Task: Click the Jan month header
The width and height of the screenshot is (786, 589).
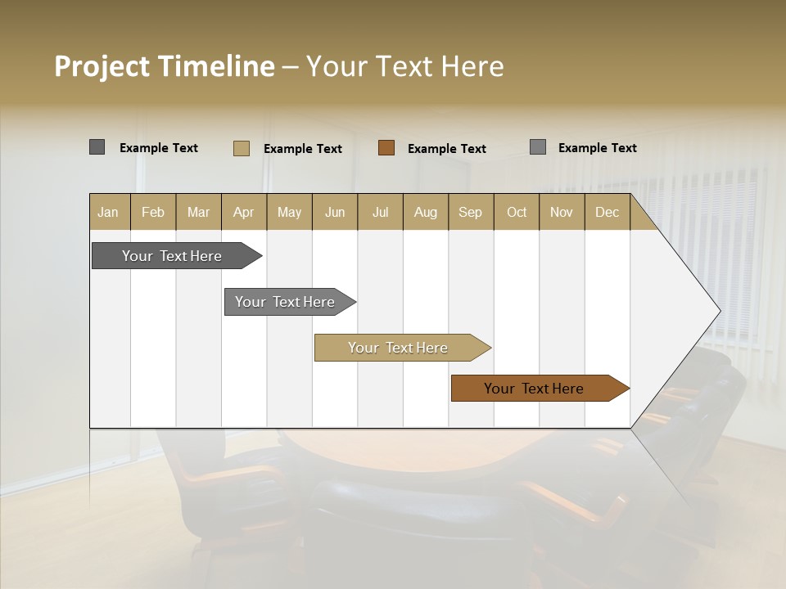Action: pos(108,212)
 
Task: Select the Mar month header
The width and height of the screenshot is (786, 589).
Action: pos(198,212)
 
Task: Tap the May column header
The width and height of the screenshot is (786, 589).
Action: pos(289,212)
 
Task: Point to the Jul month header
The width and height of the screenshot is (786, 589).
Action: pos(380,212)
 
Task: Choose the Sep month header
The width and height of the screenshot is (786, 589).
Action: pos(470,212)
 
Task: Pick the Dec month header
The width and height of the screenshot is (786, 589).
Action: pos(607,212)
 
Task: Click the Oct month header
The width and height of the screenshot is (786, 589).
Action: pos(517,212)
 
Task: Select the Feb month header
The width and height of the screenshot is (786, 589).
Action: pos(153,212)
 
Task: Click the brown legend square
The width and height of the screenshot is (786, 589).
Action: pos(386,148)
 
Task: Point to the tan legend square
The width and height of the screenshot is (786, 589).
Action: pos(242,148)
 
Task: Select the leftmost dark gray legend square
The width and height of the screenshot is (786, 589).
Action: pos(97,147)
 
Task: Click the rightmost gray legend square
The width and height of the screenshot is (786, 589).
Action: pos(538,147)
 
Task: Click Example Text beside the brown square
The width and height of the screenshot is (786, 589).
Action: pos(446,149)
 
